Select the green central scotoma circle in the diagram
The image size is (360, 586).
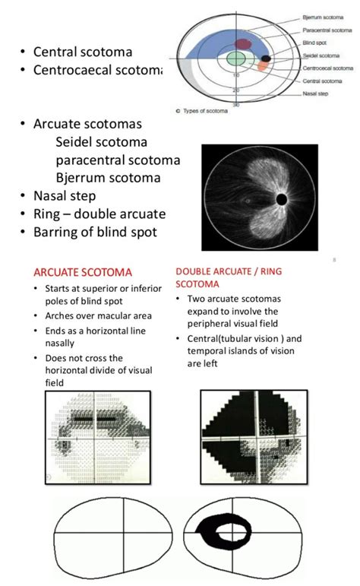(237, 59)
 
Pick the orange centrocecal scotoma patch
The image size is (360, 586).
(262, 66)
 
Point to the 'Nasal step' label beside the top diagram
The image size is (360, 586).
(314, 89)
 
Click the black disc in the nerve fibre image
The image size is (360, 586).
(280, 200)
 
